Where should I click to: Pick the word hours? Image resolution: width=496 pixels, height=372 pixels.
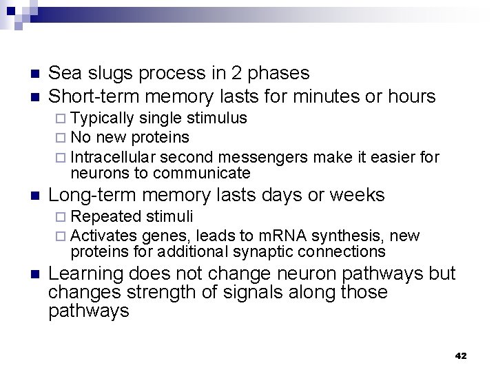(x=411, y=96)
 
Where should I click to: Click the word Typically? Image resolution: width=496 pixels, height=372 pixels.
(x=105, y=118)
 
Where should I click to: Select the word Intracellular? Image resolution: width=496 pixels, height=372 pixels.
(x=116, y=158)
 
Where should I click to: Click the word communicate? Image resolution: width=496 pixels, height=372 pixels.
(x=202, y=172)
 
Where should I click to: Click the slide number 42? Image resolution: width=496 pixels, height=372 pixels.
(x=461, y=355)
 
